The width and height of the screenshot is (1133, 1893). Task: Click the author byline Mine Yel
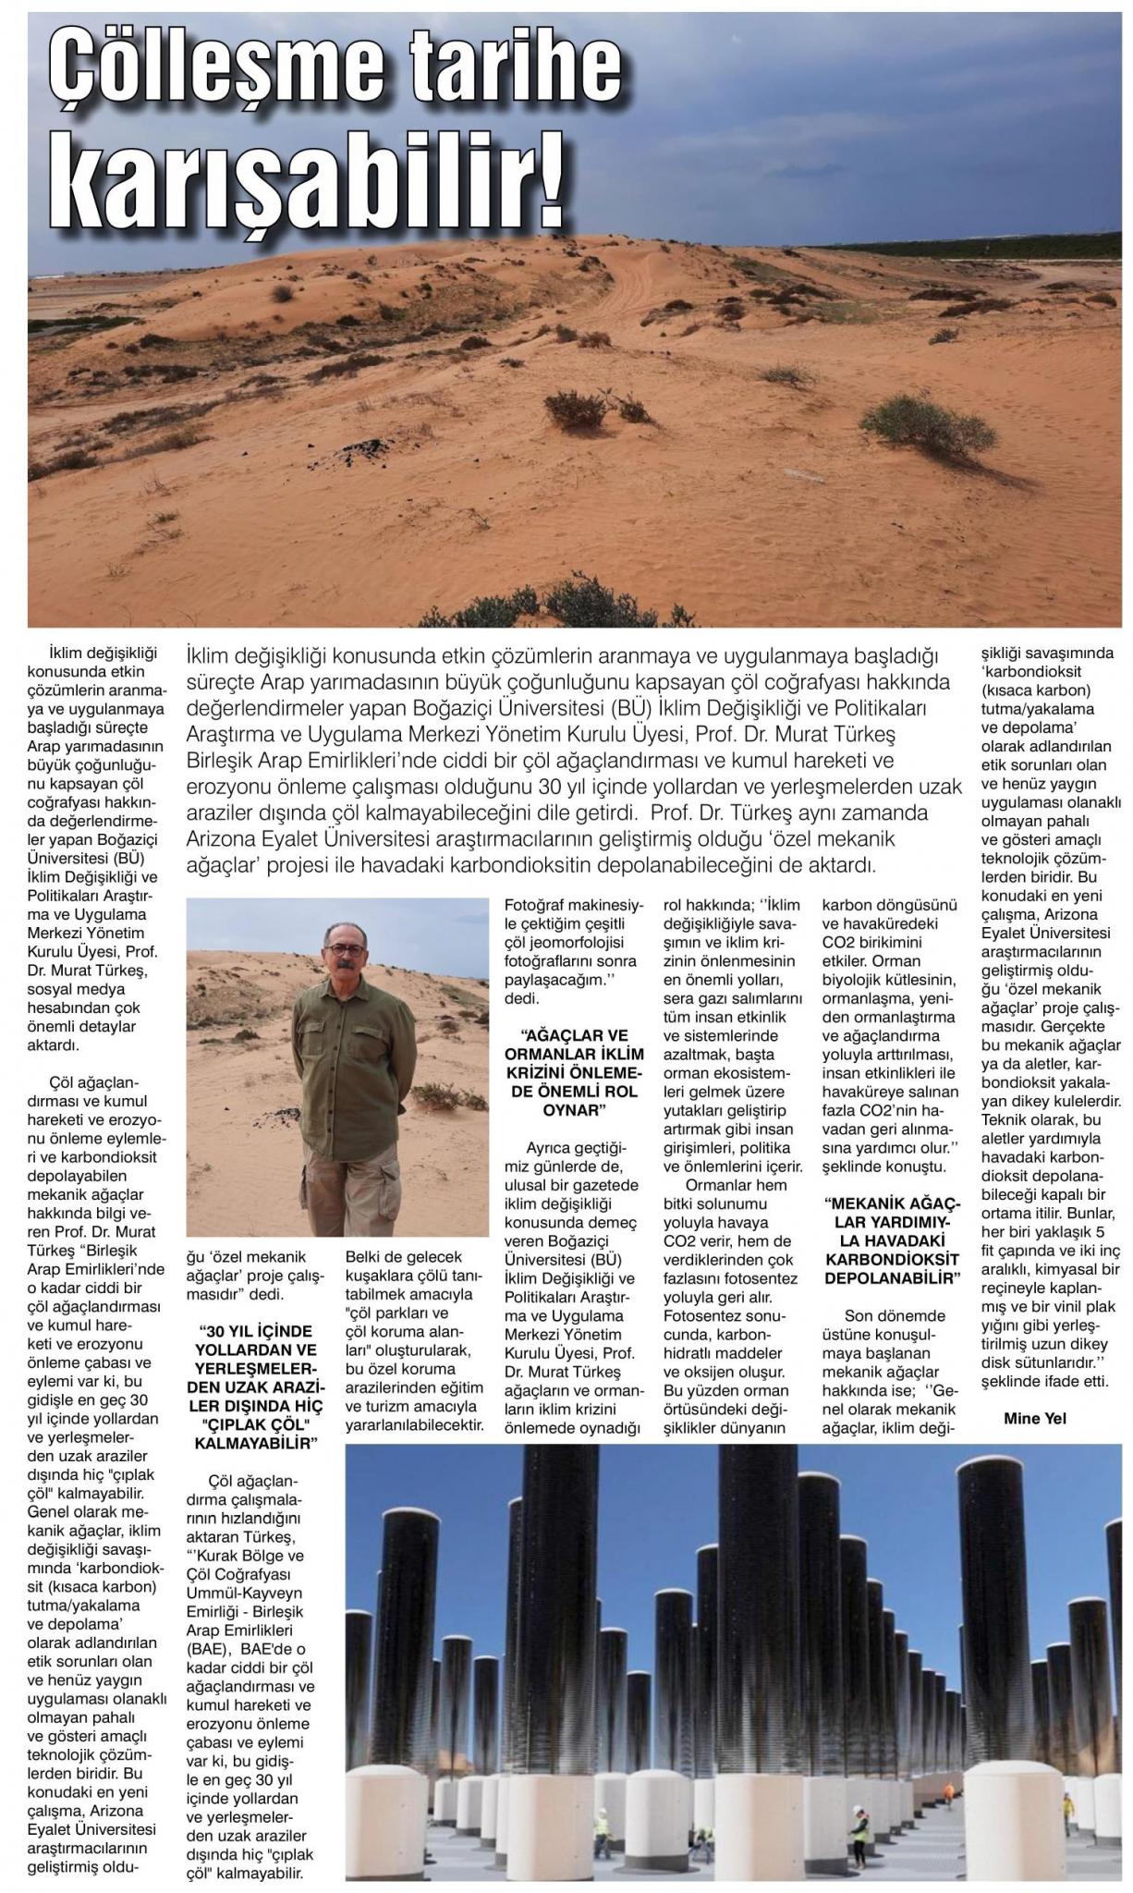(x=1034, y=1419)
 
